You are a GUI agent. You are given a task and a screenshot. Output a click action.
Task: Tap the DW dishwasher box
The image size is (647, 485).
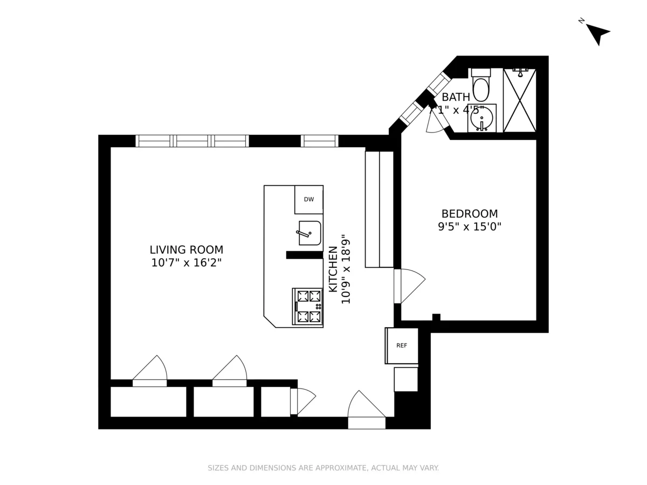(309, 199)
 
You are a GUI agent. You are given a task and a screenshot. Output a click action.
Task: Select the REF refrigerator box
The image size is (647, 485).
(402, 345)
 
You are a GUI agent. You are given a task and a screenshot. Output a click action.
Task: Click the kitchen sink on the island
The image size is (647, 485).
(309, 233)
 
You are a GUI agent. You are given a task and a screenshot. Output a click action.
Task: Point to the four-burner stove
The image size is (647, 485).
(308, 306)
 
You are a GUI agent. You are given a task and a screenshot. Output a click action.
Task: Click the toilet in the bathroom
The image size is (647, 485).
(480, 86)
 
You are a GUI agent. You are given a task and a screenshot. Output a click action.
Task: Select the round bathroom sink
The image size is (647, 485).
(481, 118)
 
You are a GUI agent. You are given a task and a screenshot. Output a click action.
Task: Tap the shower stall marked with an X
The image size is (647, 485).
(519, 100)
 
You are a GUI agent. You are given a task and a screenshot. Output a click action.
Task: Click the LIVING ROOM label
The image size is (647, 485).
(186, 250)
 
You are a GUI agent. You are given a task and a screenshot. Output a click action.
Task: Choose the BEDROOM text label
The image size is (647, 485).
(469, 213)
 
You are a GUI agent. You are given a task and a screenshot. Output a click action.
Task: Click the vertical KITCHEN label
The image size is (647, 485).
(333, 268)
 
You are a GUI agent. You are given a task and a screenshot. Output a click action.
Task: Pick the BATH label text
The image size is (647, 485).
(456, 97)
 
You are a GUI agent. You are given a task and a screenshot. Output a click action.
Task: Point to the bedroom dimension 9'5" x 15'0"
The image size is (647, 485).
(469, 227)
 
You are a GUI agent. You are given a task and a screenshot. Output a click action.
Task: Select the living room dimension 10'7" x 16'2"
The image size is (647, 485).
(186, 264)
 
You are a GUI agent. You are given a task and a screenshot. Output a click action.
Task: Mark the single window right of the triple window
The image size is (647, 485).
(319, 141)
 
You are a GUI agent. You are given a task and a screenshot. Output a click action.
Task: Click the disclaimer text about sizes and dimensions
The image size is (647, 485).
(323, 468)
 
